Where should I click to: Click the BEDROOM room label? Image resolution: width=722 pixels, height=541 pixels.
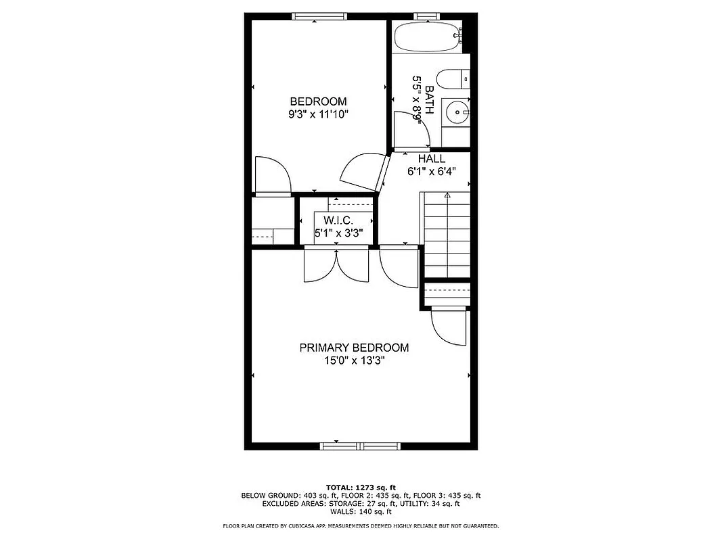coord(318,101)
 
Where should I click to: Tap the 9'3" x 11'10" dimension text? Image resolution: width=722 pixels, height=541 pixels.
coord(318,114)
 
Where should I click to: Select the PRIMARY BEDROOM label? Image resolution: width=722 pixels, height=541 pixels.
coord(354,348)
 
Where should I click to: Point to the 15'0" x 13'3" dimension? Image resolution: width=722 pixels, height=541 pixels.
coord(354,360)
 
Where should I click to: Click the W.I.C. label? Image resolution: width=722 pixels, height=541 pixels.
coord(338,220)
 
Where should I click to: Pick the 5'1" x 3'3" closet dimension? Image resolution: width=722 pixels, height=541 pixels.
coord(338,233)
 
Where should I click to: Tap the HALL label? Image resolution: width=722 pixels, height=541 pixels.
coord(431,158)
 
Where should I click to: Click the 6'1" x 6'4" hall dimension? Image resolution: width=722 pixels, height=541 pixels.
coord(431,171)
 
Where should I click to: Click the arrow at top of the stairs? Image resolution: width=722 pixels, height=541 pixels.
coord(447,195)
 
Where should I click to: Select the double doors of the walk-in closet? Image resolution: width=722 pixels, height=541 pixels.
coord(336,265)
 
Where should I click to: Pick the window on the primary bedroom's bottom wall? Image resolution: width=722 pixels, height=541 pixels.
coord(361,446)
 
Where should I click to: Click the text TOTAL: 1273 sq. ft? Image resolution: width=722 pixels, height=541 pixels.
coord(361,487)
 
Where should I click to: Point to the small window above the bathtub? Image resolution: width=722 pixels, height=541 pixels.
coord(424,15)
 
